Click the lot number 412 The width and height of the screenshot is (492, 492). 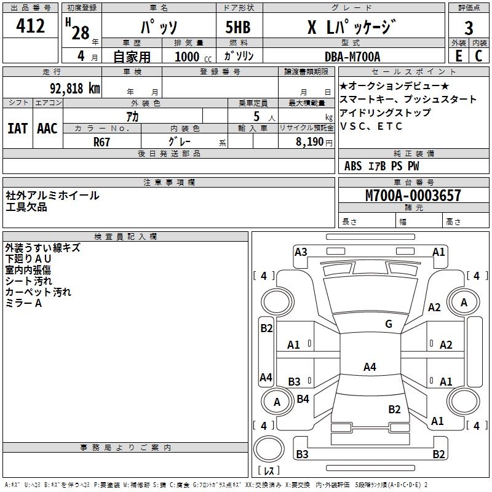coord(31,26)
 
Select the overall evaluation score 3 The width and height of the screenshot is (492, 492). coord(469,28)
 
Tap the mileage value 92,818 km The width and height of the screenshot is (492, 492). coord(74,88)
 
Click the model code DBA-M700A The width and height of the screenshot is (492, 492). coord(352,57)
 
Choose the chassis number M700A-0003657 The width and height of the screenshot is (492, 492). coord(413,196)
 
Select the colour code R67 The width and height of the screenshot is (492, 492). coord(103,142)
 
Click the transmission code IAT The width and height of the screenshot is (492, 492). coord(17,129)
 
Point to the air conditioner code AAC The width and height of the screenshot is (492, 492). coord(47,129)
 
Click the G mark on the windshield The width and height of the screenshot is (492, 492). coord(388,324)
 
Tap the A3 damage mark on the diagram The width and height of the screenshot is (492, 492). coord(301,252)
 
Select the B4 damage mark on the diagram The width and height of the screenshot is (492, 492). coord(303,399)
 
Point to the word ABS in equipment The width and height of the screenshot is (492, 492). coord(353,166)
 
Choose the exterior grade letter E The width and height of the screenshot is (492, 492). coord(458,56)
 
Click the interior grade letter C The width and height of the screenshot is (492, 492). coord(478,56)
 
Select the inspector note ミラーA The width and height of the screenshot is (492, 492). coord(23,303)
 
